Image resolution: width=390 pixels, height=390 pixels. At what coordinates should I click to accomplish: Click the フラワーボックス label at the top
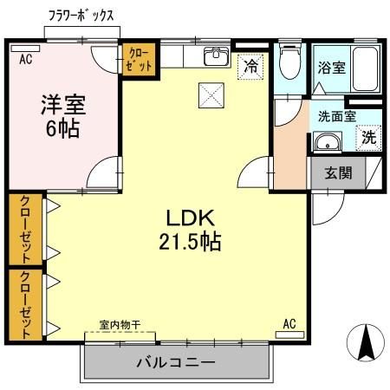[x=81, y=16]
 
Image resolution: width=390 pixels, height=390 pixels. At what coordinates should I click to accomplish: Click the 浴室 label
[x=331, y=66]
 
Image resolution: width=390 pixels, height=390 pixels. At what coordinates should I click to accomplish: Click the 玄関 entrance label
[x=339, y=172]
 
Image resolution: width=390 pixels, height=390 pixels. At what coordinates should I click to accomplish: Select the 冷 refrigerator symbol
[x=250, y=65]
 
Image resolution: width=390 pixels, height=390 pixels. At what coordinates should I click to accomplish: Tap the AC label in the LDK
[x=289, y=324]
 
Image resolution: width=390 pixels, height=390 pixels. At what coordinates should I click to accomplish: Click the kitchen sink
[x=214, y=58]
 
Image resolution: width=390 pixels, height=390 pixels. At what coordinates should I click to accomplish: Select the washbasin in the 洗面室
[x=327, y=143]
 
